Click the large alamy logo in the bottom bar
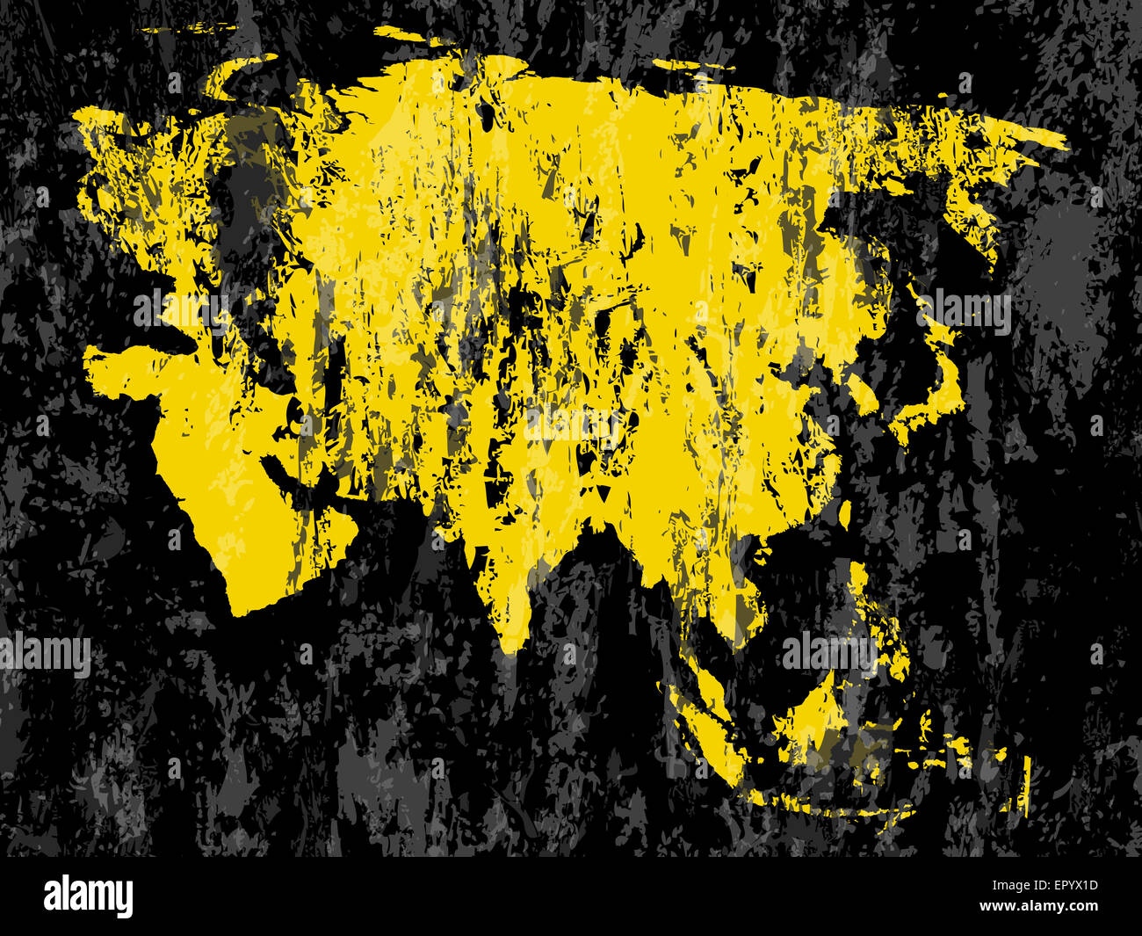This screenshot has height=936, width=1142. [88, 896]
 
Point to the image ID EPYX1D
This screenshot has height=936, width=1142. [1066, 886]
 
